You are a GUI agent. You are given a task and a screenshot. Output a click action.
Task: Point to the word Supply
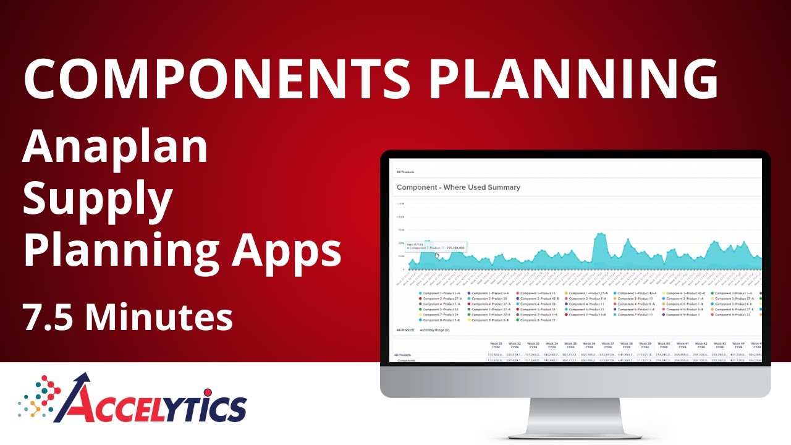pyautogui.click(x=98, y=199)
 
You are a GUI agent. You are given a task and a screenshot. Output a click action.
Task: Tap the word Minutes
pyautogui.click(x=159, y=317)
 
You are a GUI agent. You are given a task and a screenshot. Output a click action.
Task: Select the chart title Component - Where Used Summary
pyautogui.click(x=458, y=187)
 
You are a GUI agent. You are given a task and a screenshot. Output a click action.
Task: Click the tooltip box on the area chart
pyautogui.click(x=435, y=247)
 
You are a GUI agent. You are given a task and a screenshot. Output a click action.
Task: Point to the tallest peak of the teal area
pyautogui.click(x=600, y=235)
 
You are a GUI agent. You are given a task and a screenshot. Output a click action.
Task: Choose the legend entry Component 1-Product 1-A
pyautogui.click(x=441, y=294)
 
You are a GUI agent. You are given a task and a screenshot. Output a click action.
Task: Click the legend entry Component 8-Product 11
pyautogui.click(x=538, y=320)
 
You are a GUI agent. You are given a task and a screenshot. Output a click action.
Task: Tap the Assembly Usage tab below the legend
pyautogui.click(x=434, y=331)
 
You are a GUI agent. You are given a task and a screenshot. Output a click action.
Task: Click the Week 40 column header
pyautogui.click(x=663, y=345)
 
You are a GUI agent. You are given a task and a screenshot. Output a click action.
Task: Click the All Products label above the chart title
pyautogui.click(x=405, y=172)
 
